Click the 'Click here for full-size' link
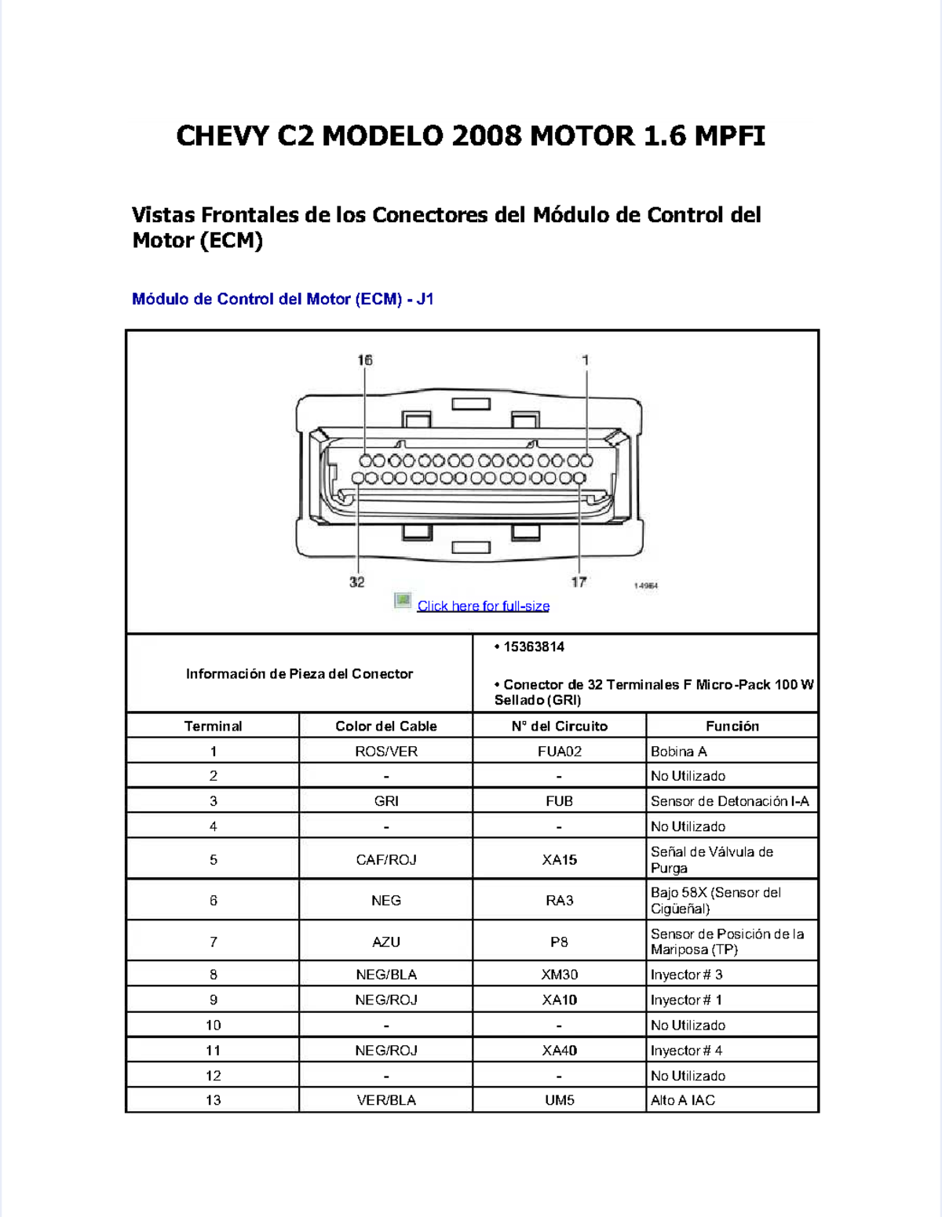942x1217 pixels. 483,606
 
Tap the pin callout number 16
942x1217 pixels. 365,360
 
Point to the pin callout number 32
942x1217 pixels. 357,581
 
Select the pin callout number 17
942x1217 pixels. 579,581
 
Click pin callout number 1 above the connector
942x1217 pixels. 586,360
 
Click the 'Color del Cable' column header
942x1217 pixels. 385,726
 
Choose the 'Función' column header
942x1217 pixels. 732,726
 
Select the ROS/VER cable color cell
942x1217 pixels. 385,751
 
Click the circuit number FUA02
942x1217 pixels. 559,751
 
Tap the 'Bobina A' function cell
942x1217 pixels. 679,751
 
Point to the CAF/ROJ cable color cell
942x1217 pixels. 385,859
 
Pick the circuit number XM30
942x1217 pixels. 559,975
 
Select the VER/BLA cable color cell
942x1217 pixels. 385,1100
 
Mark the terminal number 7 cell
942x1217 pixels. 213,942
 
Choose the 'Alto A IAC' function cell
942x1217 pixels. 683,1100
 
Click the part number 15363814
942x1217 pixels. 534,647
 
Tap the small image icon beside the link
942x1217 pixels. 403,601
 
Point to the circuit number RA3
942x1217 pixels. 559,900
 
